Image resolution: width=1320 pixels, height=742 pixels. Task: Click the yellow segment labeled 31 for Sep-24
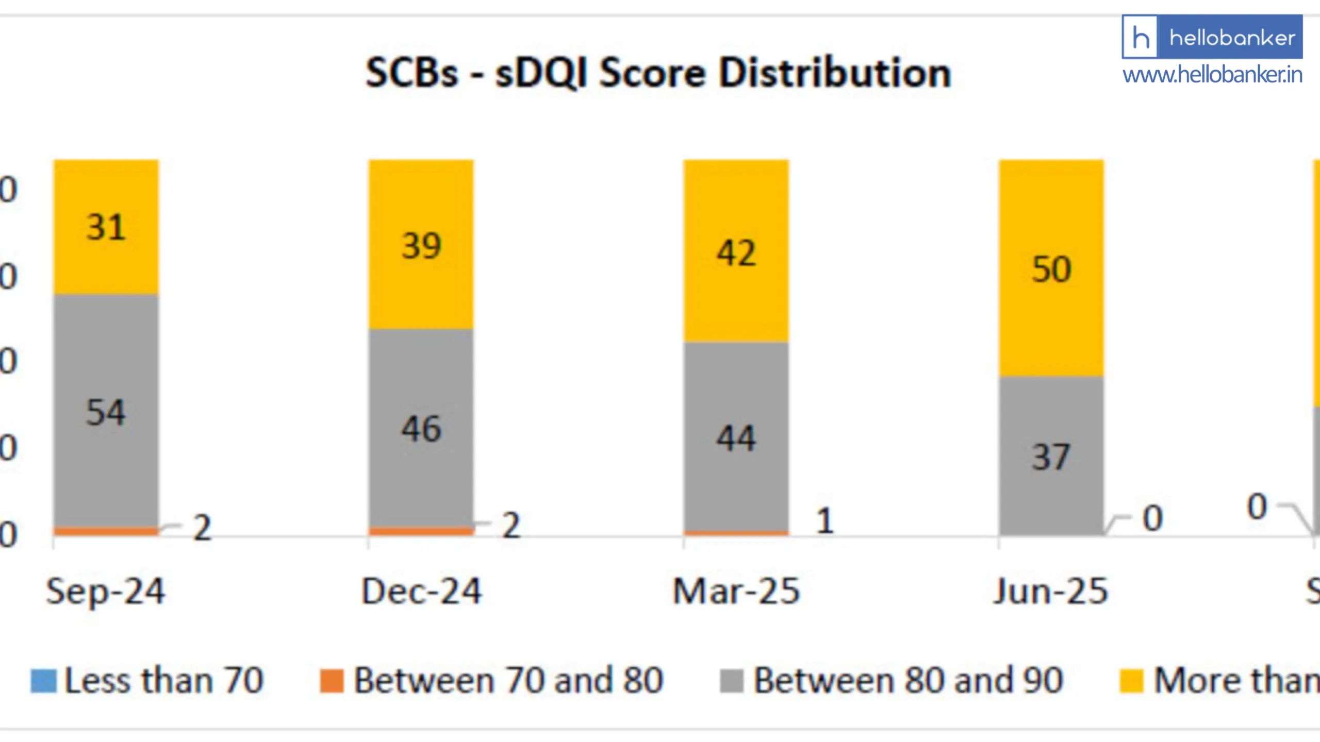coord(106,227)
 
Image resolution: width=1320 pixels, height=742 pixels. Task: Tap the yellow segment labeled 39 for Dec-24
coord(421,245)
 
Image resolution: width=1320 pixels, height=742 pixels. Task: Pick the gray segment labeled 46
coord(421,428)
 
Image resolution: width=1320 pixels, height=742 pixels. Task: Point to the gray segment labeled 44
coord(736,438)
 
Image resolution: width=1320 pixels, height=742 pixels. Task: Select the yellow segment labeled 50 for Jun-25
coord(1051,268)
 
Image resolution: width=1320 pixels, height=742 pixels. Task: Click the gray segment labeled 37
coord(1051,456)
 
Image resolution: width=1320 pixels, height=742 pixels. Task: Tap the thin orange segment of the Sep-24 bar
coord(106,531)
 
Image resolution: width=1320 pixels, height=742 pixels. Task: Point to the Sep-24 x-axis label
coord(106,591)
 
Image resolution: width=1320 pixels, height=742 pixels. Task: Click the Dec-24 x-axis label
coord(421,591)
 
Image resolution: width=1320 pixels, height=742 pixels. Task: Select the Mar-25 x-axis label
coord(736,591)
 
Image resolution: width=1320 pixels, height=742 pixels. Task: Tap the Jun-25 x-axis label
coord(1051,591)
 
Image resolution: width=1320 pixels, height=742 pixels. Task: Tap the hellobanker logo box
coord(1212,37)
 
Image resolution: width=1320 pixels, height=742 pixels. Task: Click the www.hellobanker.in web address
coord(1212,75)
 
